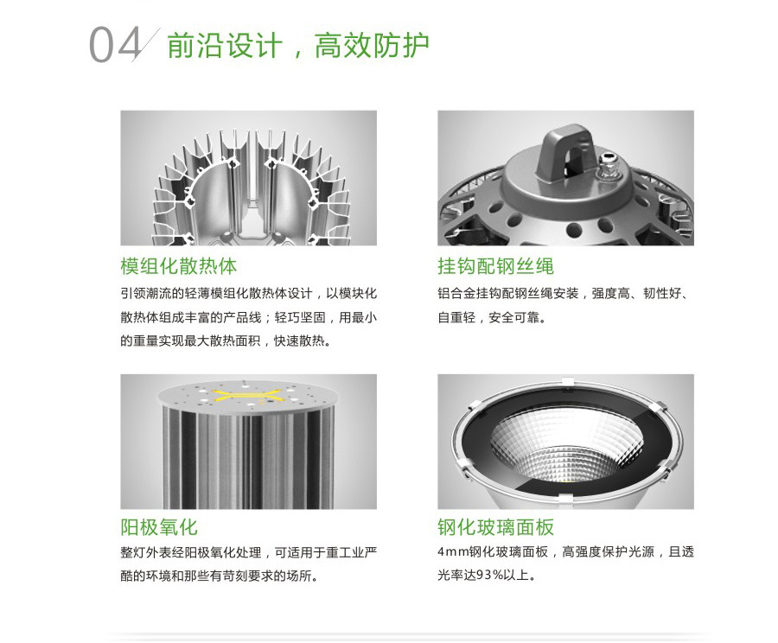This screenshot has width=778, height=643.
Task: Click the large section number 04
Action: point(115,45)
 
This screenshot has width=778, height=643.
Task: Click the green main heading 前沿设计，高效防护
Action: point(298,45)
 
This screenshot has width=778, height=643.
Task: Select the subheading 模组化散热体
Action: point(179,266)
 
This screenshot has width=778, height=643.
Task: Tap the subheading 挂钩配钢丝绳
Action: point(495,266)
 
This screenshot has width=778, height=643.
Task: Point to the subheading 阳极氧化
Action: point(159,527)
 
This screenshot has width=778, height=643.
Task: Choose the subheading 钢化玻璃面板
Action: point(495,527)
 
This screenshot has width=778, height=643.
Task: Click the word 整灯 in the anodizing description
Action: point(133,552)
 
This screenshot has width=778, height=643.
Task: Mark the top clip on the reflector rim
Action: point(567,381)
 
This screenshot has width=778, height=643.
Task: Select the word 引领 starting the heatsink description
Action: point(133,293)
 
